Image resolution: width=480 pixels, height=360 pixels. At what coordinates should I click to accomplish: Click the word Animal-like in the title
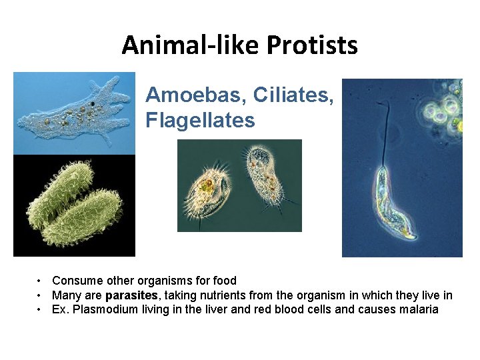click(191, 45)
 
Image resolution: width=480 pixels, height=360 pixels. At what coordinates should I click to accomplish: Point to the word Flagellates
click(200, 121)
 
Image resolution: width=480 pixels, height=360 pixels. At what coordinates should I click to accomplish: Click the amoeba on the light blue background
click(73, 113)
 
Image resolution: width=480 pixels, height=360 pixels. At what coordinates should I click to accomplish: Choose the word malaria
click(418, 309)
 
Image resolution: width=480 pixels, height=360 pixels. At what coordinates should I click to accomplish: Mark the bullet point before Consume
click(41, 281)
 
